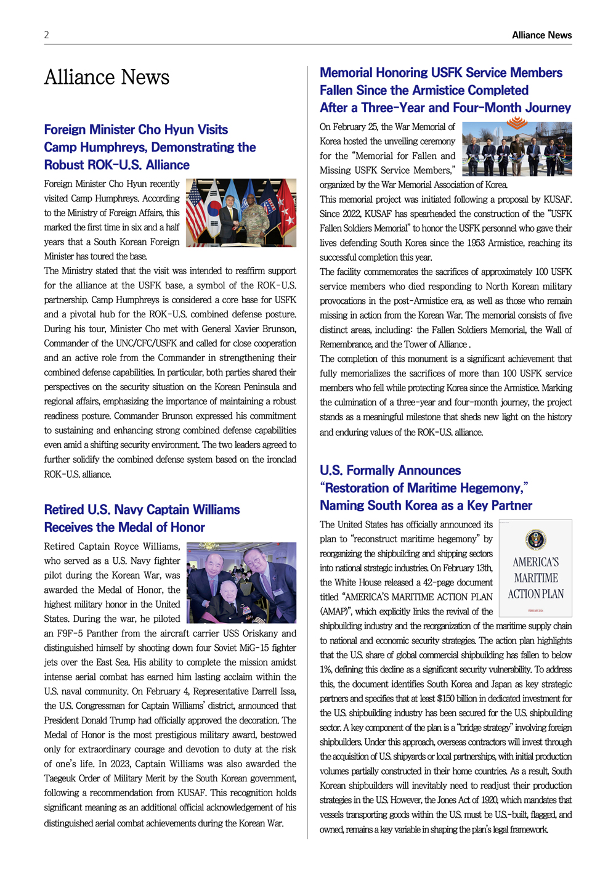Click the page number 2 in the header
pos(46,35)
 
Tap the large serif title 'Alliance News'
pos(107,78)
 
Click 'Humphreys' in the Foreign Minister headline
pos(113,147)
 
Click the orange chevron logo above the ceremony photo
pos(517,123)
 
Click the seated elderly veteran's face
pos(229,590)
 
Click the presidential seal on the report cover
pos(535,539)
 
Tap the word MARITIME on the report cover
pos(536,578)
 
